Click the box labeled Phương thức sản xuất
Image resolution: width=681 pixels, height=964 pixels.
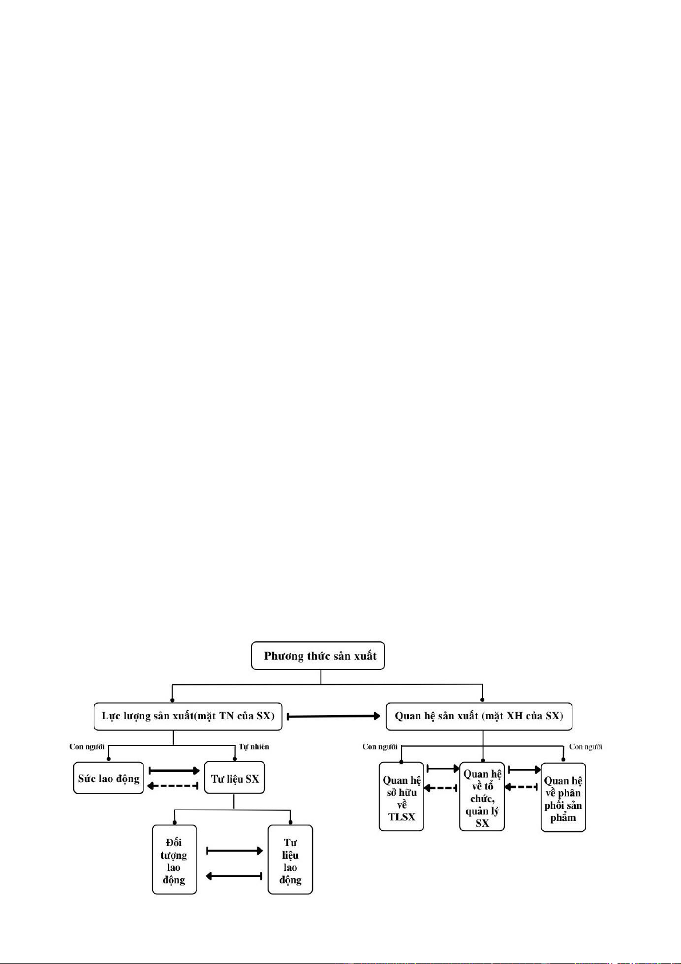point(317,656)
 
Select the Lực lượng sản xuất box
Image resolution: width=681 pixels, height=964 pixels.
point(188,716)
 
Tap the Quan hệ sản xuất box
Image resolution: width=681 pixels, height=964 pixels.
point(479,716)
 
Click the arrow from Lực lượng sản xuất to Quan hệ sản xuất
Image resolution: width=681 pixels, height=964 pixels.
point(333,716)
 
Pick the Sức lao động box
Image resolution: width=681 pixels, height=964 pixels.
point(109,778)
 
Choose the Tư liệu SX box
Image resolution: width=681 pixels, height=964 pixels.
point(234,777)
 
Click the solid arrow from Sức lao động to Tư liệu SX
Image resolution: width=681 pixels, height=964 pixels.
point(174,770)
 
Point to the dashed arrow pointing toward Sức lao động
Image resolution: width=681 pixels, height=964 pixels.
point(173,786)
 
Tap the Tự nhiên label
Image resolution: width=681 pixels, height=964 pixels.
point(254,747)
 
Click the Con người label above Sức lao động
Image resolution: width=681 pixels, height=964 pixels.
point(87,746)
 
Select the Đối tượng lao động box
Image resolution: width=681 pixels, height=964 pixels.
point(174,860)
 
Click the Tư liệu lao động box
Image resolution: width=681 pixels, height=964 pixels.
point(290,860)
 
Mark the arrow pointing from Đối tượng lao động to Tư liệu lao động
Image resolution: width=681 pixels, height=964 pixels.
point(234,850)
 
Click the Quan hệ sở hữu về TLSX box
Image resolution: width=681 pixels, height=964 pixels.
point(401,796)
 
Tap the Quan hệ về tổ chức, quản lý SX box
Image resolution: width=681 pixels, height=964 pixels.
point(482,796)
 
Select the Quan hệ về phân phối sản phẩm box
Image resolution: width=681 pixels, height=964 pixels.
point(563,797)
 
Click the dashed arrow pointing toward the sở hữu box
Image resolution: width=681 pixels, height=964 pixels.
point(440,788)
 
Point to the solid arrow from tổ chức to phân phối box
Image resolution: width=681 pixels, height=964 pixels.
point(525,769)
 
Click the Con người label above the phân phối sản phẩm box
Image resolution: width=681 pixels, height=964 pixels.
point(586,747)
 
